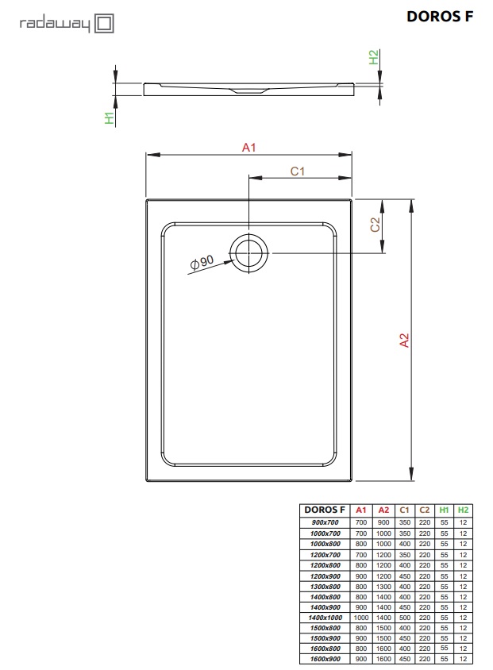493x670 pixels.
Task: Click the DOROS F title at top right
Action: (440, 17)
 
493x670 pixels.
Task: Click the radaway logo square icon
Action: (104, 23)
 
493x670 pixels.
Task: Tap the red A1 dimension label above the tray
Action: (248, 148)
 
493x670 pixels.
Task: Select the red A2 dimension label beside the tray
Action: (404, 340)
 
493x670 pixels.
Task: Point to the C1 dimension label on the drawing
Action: (298, 171)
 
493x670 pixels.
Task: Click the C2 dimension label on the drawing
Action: (375, 225)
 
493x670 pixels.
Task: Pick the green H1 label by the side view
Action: (110, 118)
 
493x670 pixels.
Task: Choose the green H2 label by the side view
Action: (373, 57)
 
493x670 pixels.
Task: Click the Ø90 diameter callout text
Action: (202, 262)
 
